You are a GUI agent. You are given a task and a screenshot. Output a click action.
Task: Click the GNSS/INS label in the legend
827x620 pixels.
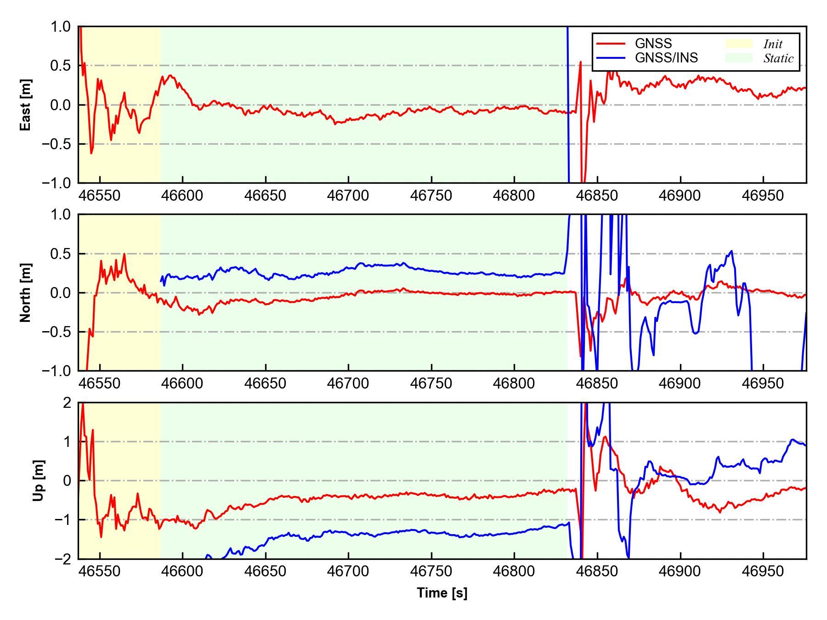point(666,58)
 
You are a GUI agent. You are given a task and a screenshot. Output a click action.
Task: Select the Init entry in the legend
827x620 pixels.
point(773,44)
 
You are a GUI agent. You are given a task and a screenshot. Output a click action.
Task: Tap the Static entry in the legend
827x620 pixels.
point(778,58)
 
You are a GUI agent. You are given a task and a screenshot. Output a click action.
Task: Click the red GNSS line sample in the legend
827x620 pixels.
point(611,44)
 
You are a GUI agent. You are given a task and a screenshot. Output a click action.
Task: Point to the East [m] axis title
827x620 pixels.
point(26,105)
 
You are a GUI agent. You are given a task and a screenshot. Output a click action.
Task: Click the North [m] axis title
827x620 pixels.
point(26,293)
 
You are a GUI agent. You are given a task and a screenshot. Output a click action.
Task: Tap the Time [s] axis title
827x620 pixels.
point(442,593)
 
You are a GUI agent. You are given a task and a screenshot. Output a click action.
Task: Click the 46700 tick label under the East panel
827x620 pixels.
point(348,196)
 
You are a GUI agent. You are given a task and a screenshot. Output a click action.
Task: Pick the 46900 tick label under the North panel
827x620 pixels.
point(680,383)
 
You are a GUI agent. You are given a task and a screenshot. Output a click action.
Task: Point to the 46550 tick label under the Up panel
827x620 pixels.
point(100,571)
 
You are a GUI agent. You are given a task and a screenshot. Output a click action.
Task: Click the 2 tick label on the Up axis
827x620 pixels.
point(67,403)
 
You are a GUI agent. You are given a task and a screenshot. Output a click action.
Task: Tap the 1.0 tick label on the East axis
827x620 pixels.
point(61,27)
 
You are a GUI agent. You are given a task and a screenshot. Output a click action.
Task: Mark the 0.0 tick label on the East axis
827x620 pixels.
point(61,105)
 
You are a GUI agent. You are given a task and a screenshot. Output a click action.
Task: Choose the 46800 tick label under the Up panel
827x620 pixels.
point(514,571)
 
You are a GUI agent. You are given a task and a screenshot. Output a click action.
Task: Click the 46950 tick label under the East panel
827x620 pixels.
point(763,196)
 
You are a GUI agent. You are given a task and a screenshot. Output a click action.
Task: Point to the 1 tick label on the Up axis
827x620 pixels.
point(67,442)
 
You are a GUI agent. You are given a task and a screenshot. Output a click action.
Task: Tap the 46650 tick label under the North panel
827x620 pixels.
point(265,383)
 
